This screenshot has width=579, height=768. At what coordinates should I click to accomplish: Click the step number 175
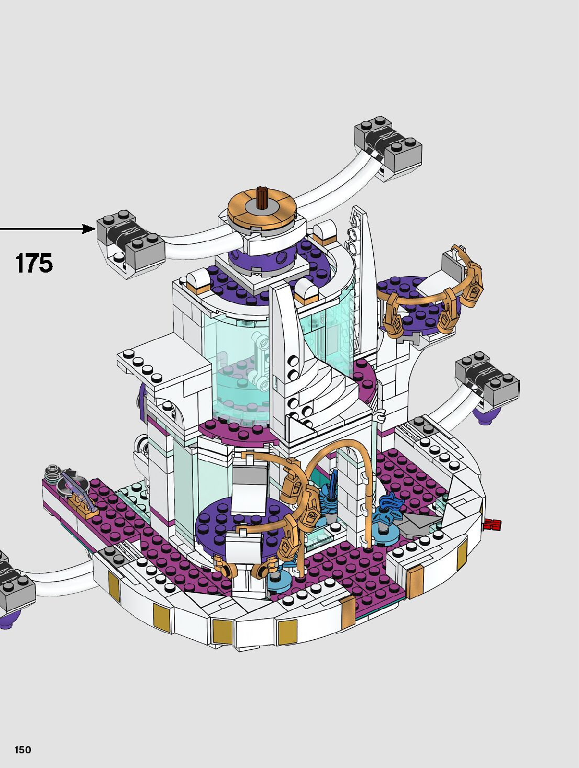pos(35,263)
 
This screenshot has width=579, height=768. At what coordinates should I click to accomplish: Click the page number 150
pos(23,747)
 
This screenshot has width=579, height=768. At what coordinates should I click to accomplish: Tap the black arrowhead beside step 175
pos(89,229)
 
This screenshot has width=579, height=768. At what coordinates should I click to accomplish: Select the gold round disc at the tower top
pos(262,209)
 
